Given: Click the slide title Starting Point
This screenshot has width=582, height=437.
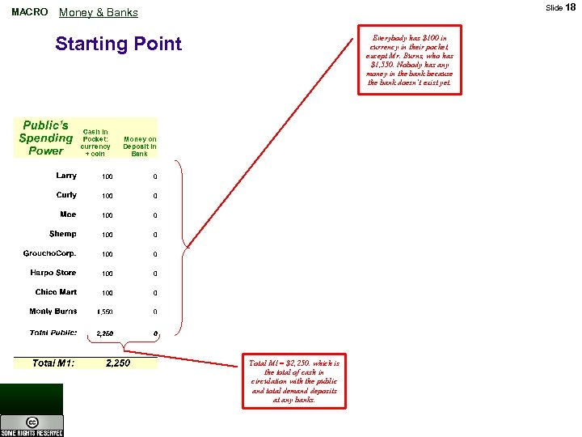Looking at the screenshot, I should point(118,44).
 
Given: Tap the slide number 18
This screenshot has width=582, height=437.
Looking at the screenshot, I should point(570,7).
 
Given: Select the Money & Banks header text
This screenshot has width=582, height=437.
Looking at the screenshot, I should point(99,12).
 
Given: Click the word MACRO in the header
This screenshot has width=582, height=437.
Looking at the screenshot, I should point(30,12).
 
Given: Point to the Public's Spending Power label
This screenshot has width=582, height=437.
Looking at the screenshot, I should point(45,138).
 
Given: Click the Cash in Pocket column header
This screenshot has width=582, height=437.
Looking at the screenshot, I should point(95,142).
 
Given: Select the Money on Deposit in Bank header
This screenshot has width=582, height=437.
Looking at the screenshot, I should point(140,146).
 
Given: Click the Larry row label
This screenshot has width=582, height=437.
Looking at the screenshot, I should point(66,176).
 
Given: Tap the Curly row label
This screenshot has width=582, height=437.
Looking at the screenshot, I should point(66,195).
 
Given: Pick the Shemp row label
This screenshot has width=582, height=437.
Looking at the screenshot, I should point(63,234).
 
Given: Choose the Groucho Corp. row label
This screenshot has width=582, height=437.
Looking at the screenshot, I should point(50,253).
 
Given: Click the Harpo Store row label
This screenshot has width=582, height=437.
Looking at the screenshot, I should point(53,273).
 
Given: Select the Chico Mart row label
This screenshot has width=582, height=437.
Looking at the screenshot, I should point(56,292).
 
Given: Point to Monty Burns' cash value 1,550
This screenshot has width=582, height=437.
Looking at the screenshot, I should point(104,312).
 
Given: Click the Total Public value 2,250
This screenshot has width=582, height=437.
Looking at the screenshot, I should point(105,333).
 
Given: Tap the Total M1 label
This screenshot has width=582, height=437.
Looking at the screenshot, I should point(53,363).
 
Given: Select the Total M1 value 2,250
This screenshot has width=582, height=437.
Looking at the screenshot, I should point(118,363).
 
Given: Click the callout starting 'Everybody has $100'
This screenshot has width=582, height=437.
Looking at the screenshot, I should point(410,60).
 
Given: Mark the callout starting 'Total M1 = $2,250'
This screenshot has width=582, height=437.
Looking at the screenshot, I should point(294,381).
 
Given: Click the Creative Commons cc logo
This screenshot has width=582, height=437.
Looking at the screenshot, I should point(32,423).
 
